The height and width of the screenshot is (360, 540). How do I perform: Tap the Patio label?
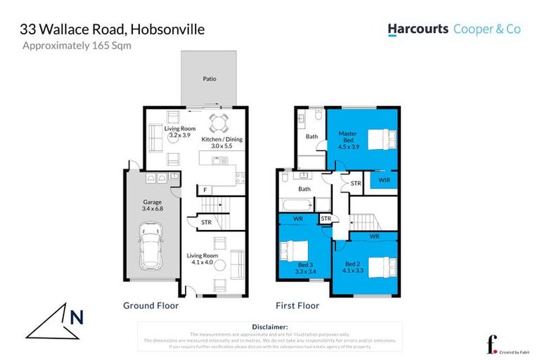tap(209, 79)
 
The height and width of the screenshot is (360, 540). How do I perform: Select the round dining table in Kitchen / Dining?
tap(219, 124)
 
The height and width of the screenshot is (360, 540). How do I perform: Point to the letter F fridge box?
tap(205, 190)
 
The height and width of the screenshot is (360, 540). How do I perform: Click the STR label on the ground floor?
tap(205, 223)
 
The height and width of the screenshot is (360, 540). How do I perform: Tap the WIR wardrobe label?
tap(383, 181)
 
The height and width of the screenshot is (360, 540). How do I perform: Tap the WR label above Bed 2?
tap(373, 236)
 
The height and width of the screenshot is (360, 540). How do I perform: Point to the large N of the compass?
tap(76, 317)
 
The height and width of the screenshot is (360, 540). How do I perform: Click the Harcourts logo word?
tap(418, 29)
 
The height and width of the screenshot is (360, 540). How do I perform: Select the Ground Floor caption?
tap(150, 306)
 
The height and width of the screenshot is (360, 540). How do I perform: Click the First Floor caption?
tap(297, 306)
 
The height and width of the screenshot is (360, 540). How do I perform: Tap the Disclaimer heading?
tap(269, 327)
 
